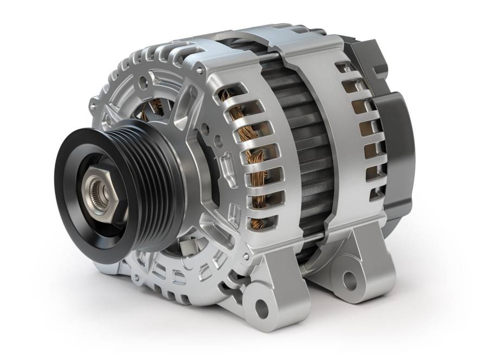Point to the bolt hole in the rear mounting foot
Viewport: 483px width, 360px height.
tap(351, 280)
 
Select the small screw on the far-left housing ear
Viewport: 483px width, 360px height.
tap(92, 107)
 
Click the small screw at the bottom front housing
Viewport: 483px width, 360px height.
tap(135, 278)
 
